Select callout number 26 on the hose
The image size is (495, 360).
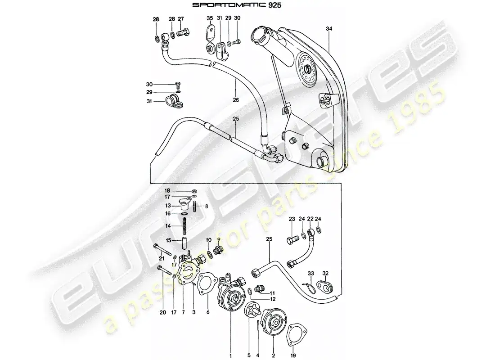coord(236,100)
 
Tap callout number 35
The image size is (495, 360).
coord(209,18)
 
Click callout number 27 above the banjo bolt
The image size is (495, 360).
coord(180,19)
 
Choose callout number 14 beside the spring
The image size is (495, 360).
coord(167,226)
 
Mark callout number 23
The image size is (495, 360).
coord(291,219)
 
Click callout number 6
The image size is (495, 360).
coord(207,312)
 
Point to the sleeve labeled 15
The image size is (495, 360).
coord(184,243)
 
